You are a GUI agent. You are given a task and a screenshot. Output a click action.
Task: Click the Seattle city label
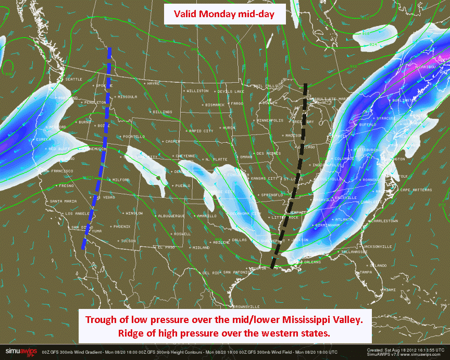[x=73, y=79]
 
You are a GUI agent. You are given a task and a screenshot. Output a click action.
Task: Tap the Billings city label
[x=162, y=111]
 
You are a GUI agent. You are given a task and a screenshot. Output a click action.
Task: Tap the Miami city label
[x=389, y=290]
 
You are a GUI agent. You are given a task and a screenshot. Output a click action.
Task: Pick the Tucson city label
[x=128, y=241]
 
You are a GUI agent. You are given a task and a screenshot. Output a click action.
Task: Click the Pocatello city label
[x=133, y=136]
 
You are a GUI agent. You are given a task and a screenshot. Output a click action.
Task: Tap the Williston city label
[x=197, y=91]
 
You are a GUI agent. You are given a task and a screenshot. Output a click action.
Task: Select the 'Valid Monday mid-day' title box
[x=225, y=14]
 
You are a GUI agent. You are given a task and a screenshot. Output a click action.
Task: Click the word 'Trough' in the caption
[x=102, y=319]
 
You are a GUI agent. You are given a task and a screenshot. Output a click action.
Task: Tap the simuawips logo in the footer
[x=21, y=352]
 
